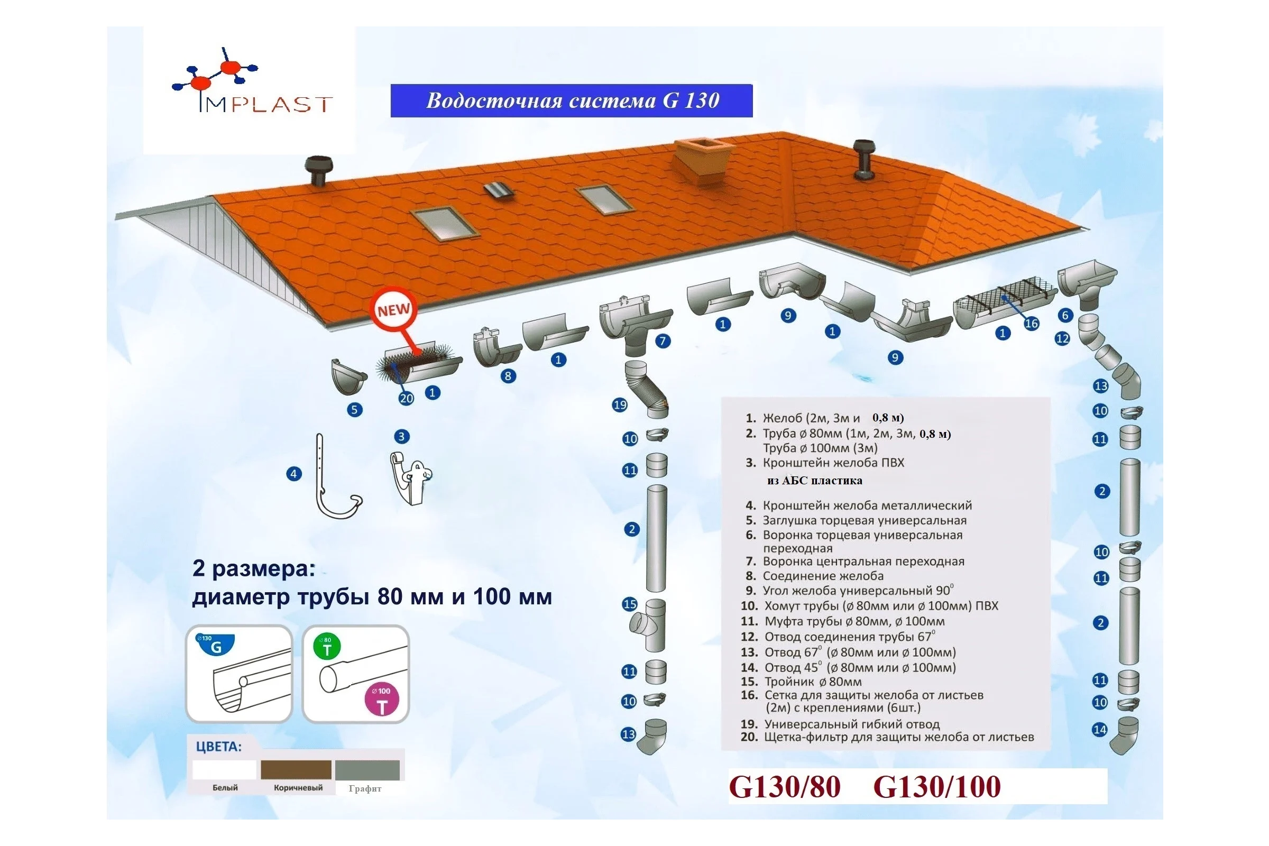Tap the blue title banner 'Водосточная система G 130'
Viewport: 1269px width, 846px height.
point(572,100)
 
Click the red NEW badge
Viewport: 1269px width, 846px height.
point(394,310)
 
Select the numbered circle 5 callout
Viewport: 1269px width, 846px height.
point(354,409)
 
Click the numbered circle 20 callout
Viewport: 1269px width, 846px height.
point(406,398)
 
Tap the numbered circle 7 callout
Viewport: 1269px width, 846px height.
point(663,341)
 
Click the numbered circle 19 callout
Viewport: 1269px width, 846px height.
point(620,404)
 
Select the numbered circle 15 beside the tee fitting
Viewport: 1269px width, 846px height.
point(630,604)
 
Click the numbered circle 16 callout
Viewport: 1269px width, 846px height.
point(1031,323)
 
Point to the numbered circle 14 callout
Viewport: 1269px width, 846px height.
point(1100,730)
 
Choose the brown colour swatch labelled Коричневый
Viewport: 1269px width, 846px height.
point(296,770)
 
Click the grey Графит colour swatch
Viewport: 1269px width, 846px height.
point(367,770)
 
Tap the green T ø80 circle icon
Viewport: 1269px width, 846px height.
point(327,647)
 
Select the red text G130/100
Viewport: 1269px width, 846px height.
point(936,786)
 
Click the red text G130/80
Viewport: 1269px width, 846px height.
point(785,786)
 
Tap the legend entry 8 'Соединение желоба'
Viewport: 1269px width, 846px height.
point(815,576)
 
